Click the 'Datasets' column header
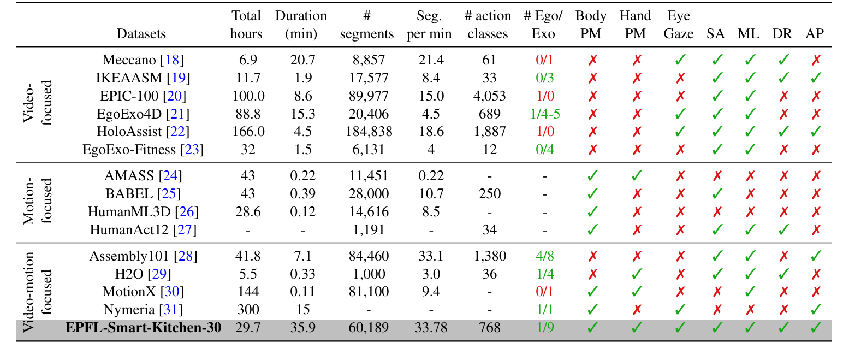(x=141, y=34)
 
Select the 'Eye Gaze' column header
(x=678, y=25)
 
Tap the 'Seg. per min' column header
(x=429, y=25)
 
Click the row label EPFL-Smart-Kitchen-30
(x=143, y=328)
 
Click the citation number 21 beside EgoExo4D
(x=178, y=114)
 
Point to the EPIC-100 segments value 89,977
(x=366, y=96)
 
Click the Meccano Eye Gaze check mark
(x=679, y=60)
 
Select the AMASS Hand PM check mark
(x=636, y=176)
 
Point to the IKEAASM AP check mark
(x=816, y=78)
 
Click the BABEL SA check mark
(x=715, y=194)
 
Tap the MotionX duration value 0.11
(x=301, y=292)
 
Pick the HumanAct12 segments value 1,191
(x=366, y=229)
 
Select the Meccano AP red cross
(x=816, y=60)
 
